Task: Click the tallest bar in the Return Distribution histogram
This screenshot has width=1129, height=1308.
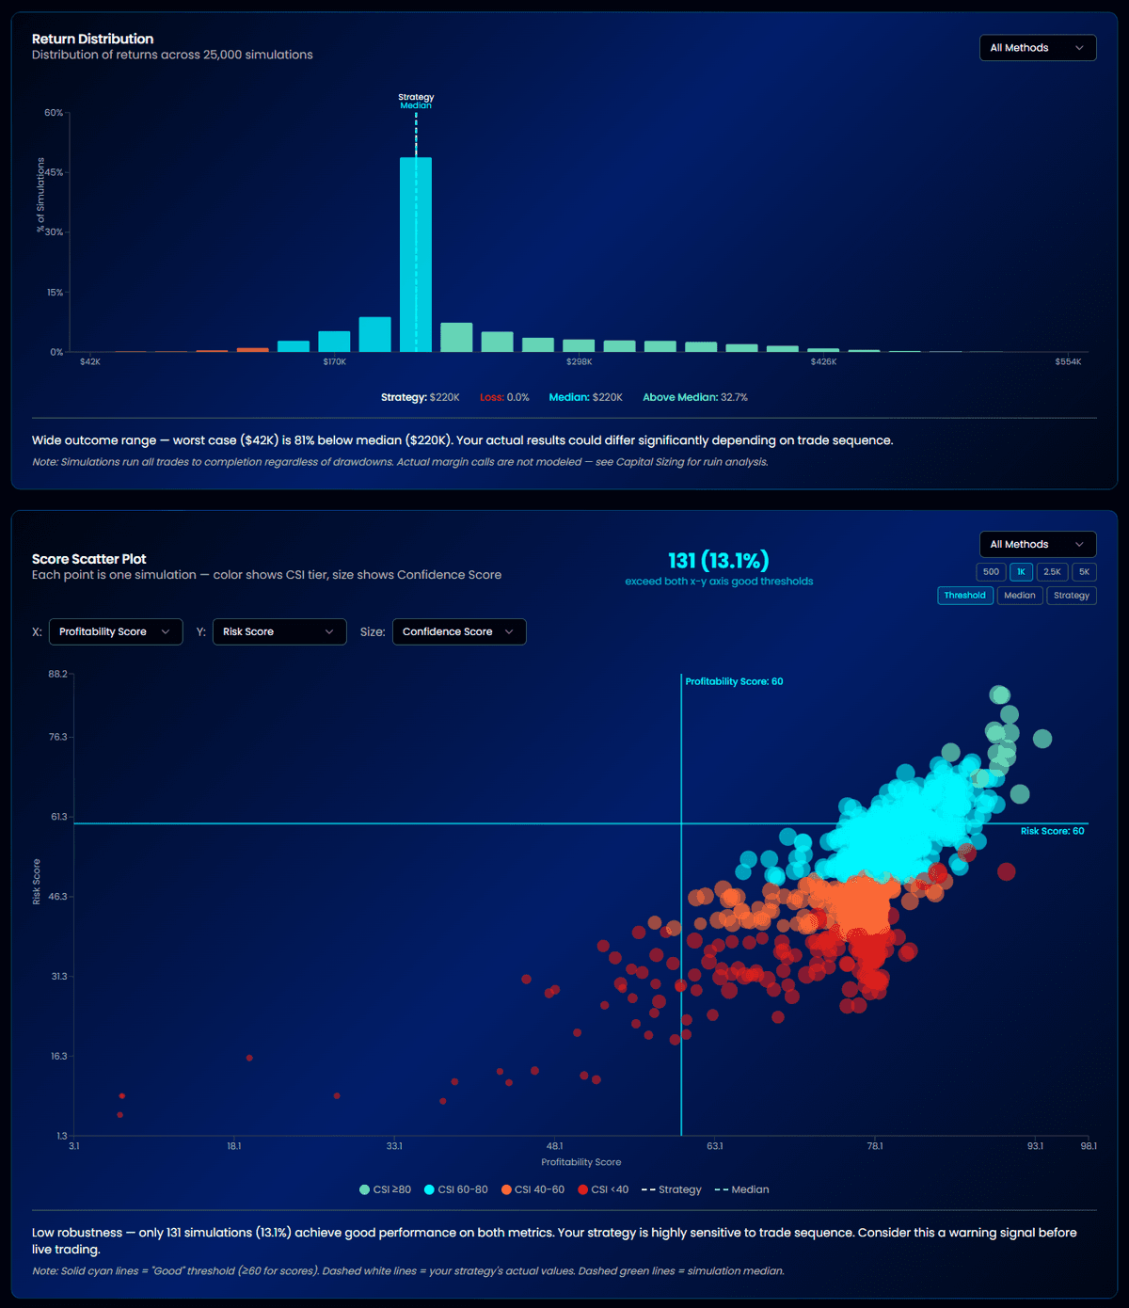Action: (416, 254)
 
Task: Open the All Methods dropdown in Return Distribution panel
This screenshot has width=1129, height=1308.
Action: (1037, 48)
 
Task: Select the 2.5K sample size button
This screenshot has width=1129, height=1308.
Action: (1052, 572)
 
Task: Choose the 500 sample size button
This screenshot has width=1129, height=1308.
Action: (991, 572)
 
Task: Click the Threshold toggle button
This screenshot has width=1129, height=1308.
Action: (964, 596)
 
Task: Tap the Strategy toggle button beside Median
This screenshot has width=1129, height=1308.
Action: (1071, 596)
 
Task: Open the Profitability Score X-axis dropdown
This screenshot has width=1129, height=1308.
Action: (115, 632)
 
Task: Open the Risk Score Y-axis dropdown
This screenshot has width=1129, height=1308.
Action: (278, 632)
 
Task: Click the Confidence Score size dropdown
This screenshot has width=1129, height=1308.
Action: (458, 632)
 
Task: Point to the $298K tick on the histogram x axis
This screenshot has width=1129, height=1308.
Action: (579, 362)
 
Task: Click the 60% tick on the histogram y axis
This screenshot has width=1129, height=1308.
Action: (54, 113)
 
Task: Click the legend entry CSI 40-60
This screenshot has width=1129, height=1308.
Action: (533, 1190)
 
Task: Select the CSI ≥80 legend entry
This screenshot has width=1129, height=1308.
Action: (385, 1190)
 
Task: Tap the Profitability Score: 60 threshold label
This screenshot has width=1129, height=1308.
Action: (734, 682)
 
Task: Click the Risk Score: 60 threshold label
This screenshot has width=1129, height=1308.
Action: (1052, 832)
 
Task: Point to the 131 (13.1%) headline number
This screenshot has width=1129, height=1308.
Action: (718, 562)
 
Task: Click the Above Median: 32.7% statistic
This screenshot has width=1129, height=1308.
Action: (694, 398)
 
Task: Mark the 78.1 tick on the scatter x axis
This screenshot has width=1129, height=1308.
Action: (875, 1146)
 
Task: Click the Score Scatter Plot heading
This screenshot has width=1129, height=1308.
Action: (89, 560)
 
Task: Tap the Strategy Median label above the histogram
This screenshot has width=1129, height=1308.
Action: (416, 102)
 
